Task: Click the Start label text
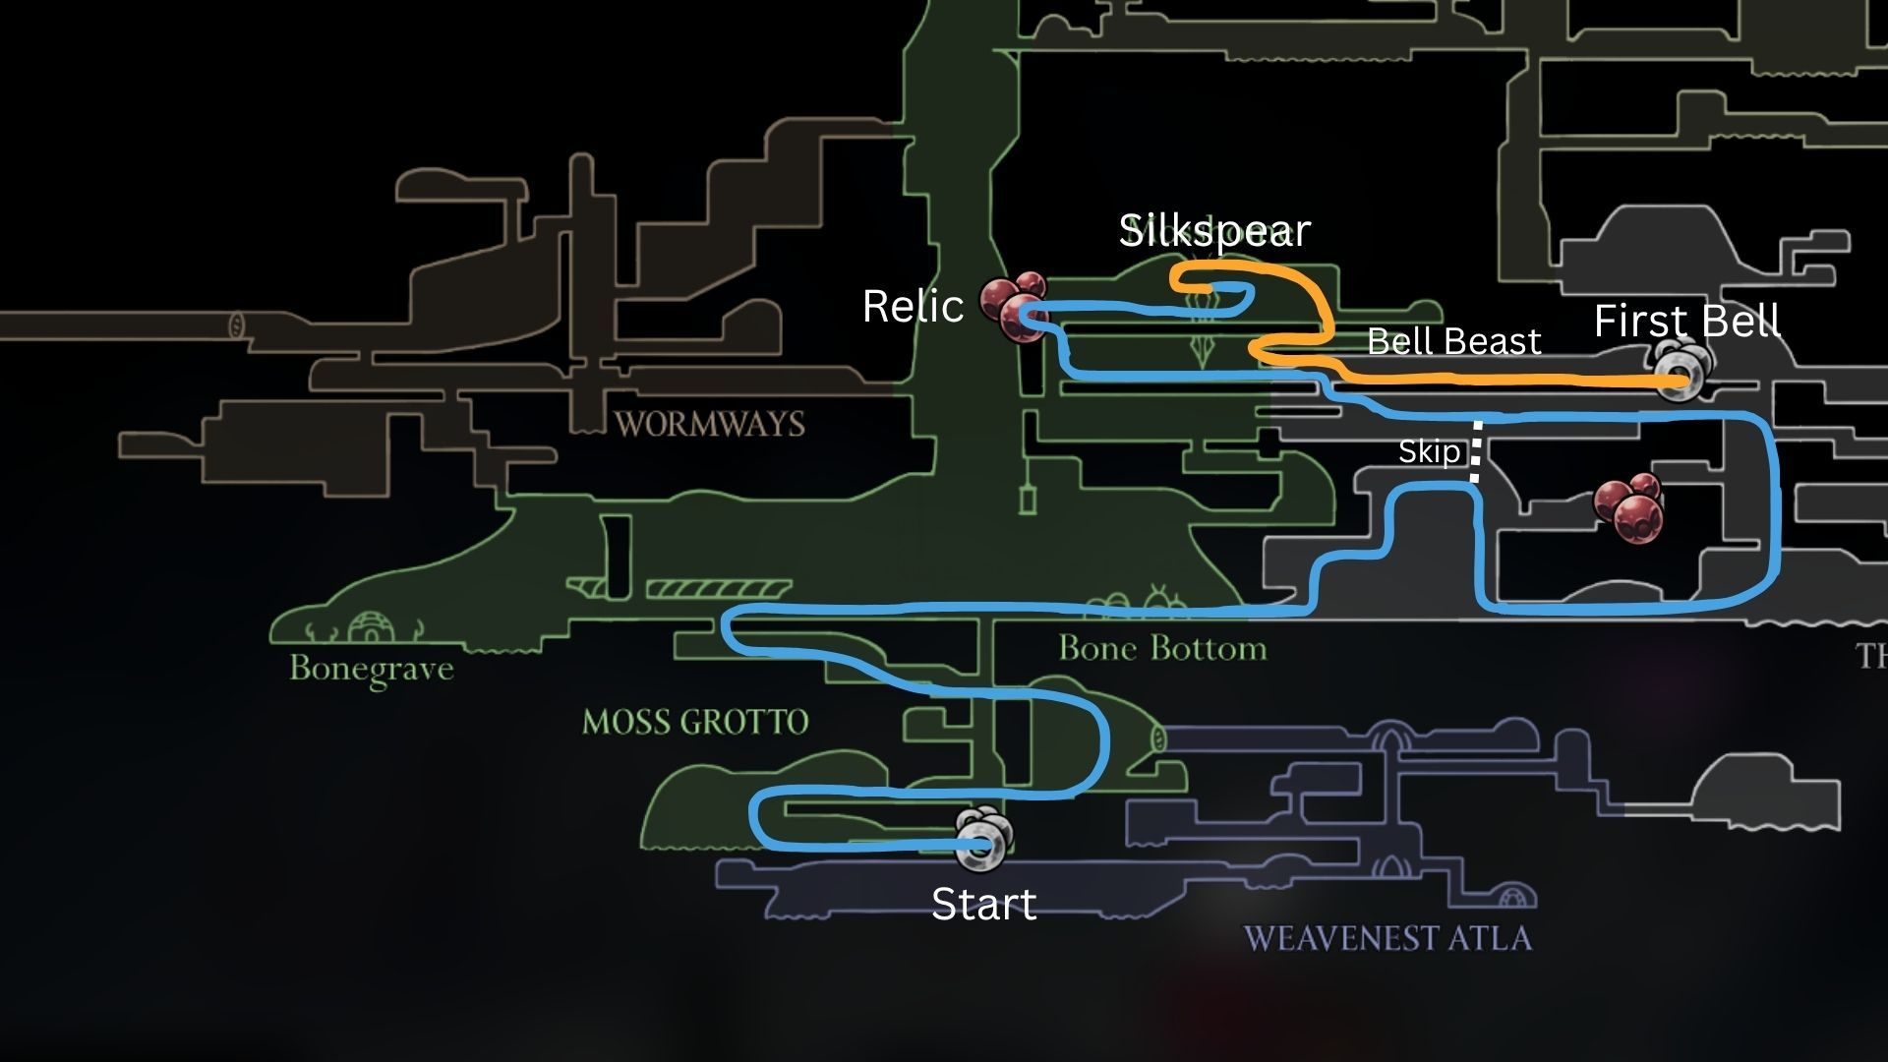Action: tap(983, 905)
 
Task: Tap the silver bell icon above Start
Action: tap(983, 841)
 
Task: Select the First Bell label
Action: tap(1686, 322)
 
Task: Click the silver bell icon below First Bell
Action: tap(1682, 372)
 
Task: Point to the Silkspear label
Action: tap(1215, 231)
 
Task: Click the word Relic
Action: tap(913, 307)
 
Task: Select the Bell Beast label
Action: tap(1453, 341)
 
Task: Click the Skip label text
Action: tap(1429, 452)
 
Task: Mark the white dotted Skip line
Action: tap(1476, 451)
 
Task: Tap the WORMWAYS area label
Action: tap(709, 424)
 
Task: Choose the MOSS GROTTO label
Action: tap(695, 722)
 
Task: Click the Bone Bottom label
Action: tap(1162, 648)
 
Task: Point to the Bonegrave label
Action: tap(372, 669)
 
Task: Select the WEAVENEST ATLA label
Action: tap(1387, 937)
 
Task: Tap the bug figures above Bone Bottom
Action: tap(1141, 599)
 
